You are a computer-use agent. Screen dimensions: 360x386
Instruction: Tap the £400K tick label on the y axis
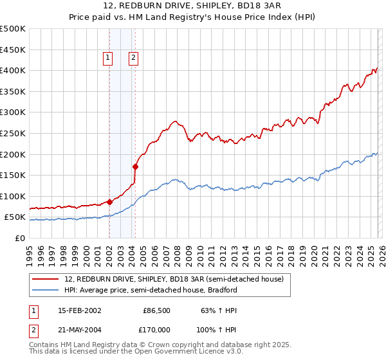(12, 71)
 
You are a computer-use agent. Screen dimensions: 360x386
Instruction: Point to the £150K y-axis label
(12, 175)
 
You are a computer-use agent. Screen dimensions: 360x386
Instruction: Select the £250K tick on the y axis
(12, 133)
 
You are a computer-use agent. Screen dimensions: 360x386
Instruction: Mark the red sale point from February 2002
(109, 202)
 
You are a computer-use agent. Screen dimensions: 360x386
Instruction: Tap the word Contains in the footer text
(44, 345)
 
